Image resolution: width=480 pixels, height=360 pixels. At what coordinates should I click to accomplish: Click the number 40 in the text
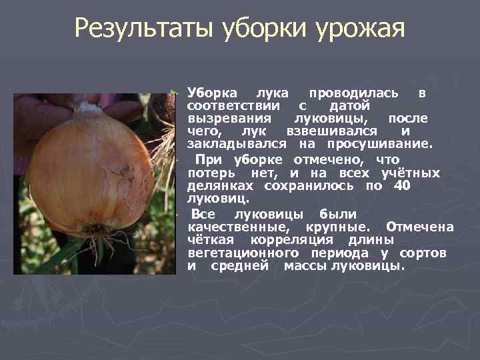pos(402,186)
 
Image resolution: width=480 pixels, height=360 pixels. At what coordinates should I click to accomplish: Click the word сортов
pos(423,253)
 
